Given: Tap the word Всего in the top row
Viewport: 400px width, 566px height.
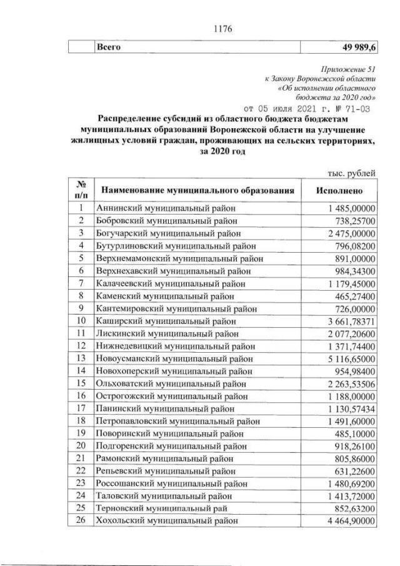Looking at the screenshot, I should [x=107, y=47].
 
